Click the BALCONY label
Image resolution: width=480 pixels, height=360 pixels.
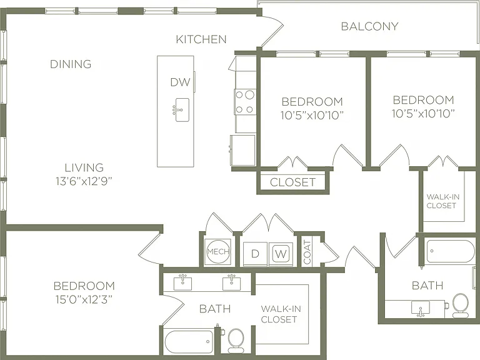click(x=369, y=26)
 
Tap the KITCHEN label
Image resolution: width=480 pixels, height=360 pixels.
click(x=201, y=39)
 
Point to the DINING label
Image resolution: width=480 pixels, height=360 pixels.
click(x=71, y=64)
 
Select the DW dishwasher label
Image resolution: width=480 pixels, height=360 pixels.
click(x=180, y=82)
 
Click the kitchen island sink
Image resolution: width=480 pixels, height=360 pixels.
click(x=181, y=110)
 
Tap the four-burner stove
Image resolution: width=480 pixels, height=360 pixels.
click(x=245, y=102)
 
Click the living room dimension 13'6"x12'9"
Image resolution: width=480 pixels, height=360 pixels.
click(x=84, y=181)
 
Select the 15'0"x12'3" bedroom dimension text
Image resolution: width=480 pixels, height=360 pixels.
click(x=84, y=299)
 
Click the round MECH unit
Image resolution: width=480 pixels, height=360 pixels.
click(x=218, y=252)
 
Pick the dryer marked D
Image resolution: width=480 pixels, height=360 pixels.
click(x=255, y=254)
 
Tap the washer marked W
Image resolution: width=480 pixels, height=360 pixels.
click(x=281, y=254)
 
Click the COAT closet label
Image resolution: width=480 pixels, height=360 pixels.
click(x=307, y=252)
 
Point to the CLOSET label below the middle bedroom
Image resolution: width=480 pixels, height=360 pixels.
click(x=292, y=182)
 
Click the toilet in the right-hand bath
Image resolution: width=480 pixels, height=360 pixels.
click(x=460, y=305)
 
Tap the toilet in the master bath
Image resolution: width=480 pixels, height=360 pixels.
click(x=236, y=341)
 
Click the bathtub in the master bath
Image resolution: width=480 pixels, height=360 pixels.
click(x=189, y=342)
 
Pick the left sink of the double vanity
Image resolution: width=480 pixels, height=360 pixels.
click(x=182, y=283)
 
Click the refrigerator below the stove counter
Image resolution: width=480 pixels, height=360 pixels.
click(x=242, y=150)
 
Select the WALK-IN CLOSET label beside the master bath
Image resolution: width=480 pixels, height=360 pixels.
click(x=281, y=314)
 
